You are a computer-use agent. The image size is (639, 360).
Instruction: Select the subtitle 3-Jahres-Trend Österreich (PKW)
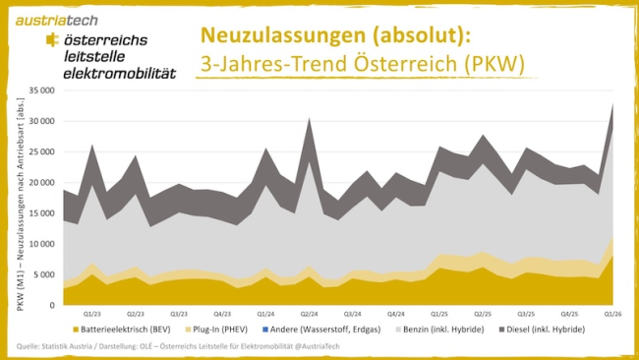(362, 65)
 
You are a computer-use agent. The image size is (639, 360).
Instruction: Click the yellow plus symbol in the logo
(51, 40)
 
